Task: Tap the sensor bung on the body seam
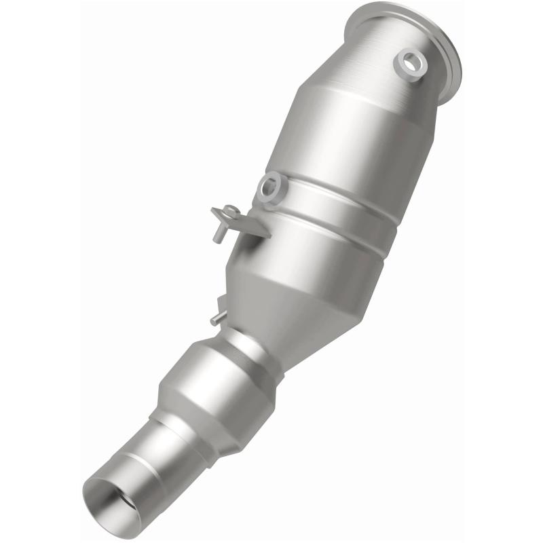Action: [x=269, y=186]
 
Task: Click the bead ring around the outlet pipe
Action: [x=146, y=462]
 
